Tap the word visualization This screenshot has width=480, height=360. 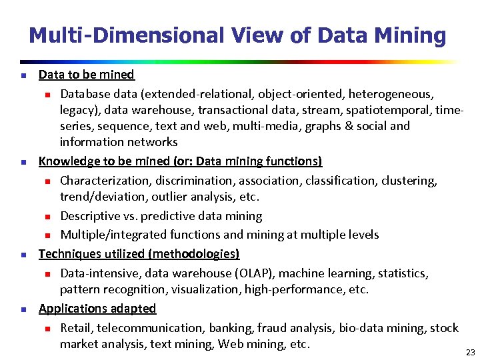205,289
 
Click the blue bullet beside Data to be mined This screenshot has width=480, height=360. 22,75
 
